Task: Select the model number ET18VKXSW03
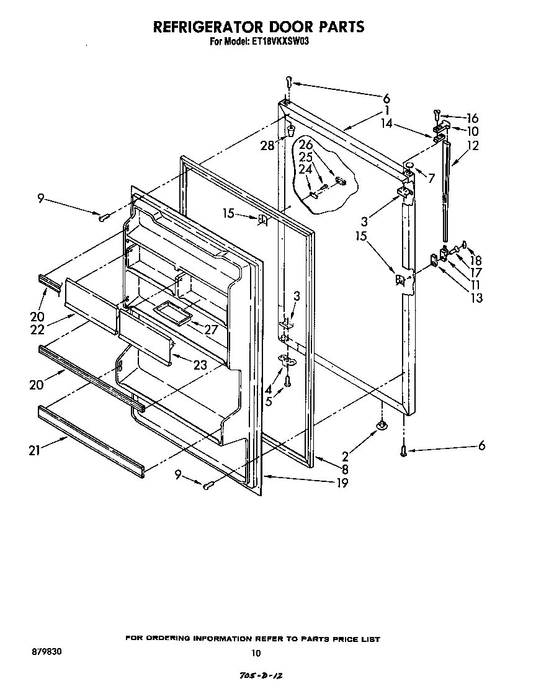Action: (x=279, y=42)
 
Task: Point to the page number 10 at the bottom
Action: (x=256, y=652)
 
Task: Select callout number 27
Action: (x=211, y=329)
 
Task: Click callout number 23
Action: (x=199, y=365)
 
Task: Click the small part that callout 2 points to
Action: (x=382, y=425)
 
